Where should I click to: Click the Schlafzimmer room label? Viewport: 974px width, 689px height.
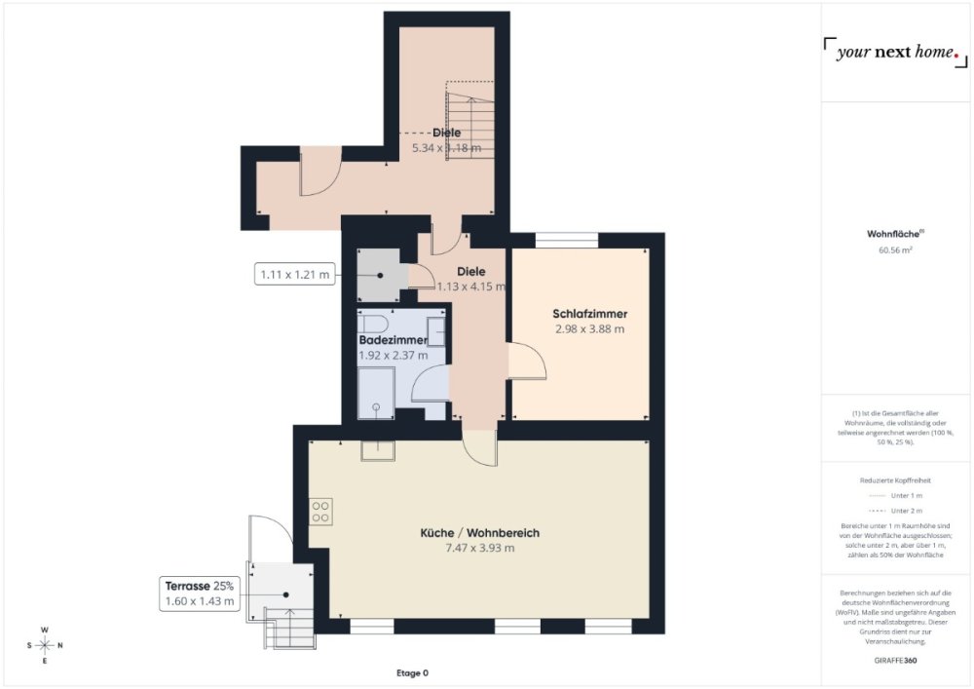pyautogui.click(x=589, y=314)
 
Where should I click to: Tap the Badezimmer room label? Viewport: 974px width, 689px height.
pyautogui.click(x=393, y=340)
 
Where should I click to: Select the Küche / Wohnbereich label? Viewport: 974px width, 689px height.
pyautogui.click(x=479, y=533)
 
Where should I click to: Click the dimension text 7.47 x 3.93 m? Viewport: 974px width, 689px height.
pyautogui.click(x=479, y=549)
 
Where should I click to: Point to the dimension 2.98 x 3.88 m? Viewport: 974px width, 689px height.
pyautogui.click(x=589, y=329)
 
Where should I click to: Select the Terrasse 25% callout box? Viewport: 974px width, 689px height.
pyautogui.click(x=200, y=593)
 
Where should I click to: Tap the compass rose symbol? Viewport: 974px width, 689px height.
pyautogui.click(x=45, y=645)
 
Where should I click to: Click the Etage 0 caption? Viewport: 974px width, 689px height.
pyautogui.click(x=412, y=673)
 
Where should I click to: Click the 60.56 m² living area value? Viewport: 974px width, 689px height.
pyautogui.click(x=895, y=249)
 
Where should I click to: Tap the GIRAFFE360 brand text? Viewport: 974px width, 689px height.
pyautogui.click(x=895, y=661)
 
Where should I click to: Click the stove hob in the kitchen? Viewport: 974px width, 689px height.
pyautogui.click(x=320, y=510)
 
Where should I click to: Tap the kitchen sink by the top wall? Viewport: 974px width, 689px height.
pyautogui.click(x=375, y=449)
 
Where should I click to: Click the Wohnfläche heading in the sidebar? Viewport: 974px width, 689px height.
pyautogui.click(x=895, y=234)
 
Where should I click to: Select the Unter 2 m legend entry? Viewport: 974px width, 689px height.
pyautogui.click(x=895, y=510)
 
